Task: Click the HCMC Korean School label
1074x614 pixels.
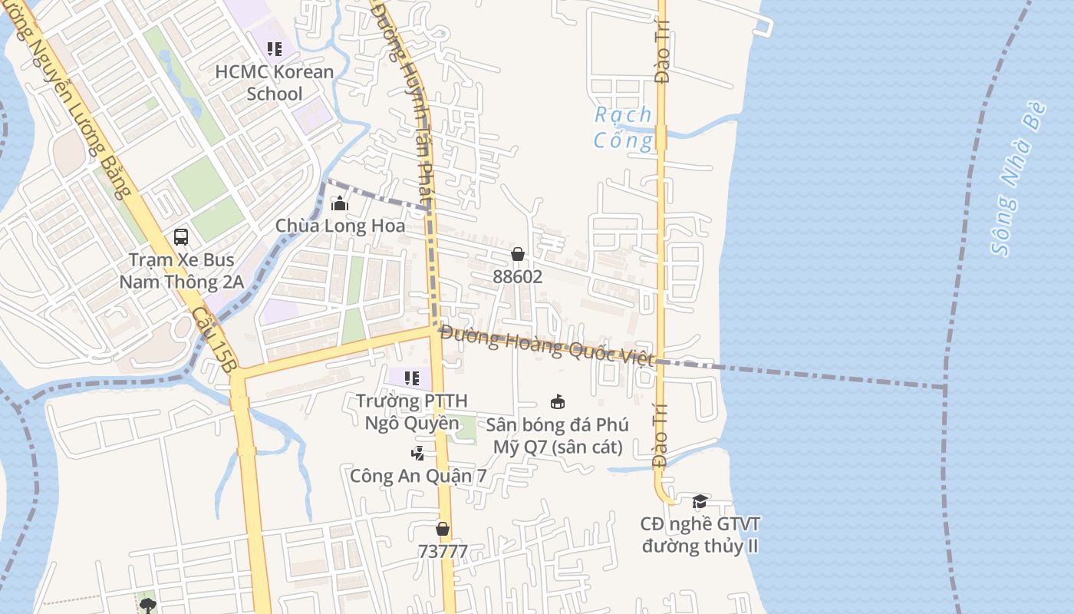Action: pyautogui.click(x=274, y=83)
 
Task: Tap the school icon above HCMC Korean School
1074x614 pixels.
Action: pyautogui.click(x=274, y=50)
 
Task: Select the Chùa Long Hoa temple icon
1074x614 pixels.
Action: pyautogui.click(x=339, y=203)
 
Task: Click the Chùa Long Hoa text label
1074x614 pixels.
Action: pyautogui.click(x=340, y=226)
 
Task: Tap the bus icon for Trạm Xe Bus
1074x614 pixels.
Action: pyautogui.click(x=181, y=237)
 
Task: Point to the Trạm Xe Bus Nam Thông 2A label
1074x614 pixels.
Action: pyautogui.click(x=181, y=271)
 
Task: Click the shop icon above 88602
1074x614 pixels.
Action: pyautogui.click(x=518, y=254)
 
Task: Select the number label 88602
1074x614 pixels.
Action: pyautogui.click(x=518, y=276)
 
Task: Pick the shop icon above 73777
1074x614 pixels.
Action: pyautogui.click(x=443, y=529)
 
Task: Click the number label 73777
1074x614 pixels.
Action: pyautogui.click(x=443, y=551)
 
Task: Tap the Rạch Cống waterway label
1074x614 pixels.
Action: pyautogui.click(x=624, y=127)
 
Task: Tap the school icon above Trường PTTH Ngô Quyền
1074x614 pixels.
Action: pyautogui.click(x=412, y=378)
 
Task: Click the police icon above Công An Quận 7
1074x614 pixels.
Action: pyautogui.click(x=417, y=454)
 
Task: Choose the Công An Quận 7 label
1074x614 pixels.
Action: pyautogui.click(x=418, y=476)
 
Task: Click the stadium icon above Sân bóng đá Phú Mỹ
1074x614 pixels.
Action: pyautogui.click(x=558, y=401)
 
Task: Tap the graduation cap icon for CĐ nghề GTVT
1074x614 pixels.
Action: pyautogui.click(x=700, y=502)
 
